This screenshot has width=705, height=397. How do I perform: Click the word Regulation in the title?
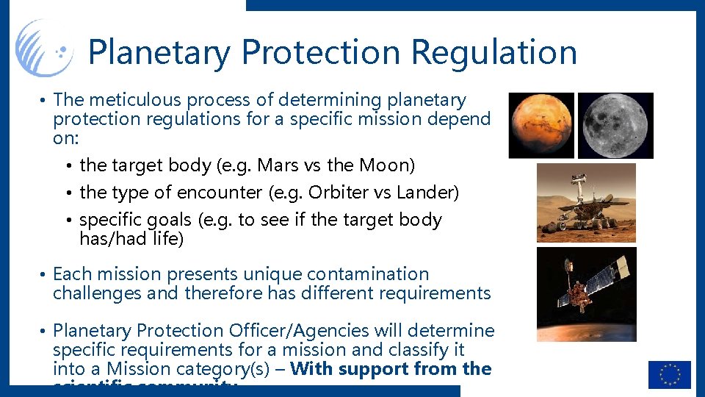tap(494, 52)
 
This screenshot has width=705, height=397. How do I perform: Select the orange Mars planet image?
tap(541, 125)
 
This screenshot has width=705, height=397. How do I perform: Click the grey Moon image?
tap(615, 125)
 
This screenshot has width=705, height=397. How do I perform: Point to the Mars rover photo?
tap(586, 203)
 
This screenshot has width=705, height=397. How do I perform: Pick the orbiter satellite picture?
tap(586, 294)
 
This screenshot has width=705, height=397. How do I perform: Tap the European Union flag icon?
tap(669, 374)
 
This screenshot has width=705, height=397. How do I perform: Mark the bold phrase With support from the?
tap(391, 369)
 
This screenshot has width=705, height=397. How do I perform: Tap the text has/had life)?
tap(131, 239)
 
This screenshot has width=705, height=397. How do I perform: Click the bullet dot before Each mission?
tap(45, 275)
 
